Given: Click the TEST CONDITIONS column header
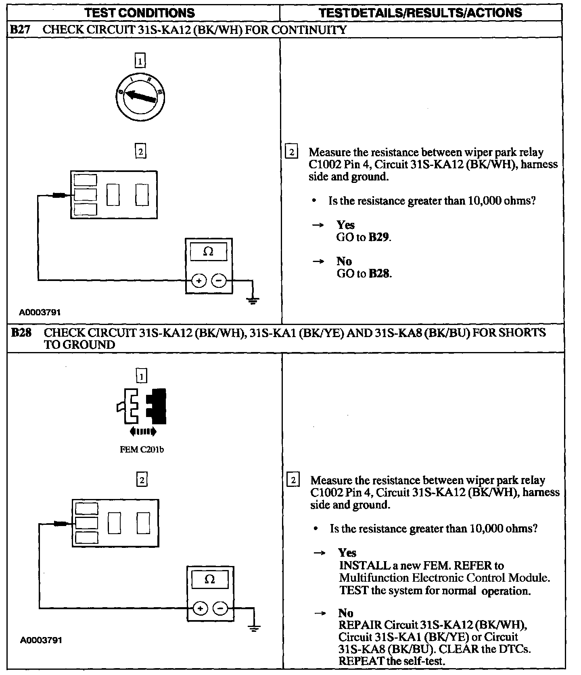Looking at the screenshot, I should click(x=140, y=13).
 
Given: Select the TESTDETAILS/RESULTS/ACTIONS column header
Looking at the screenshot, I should click(x=420, y=13).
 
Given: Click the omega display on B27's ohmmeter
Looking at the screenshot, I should click(x=208, y=252).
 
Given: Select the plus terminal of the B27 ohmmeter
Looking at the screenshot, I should click(x=198, y=280).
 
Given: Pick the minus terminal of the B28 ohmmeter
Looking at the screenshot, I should click(x=220, y=608).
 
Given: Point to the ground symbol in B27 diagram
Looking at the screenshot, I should click(x=253, y=300).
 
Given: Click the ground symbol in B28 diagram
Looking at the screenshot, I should click(x=254, y=628).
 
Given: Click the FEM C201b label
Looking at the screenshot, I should click(x=142, y=450).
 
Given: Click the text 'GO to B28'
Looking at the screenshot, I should click(x=364, y=273).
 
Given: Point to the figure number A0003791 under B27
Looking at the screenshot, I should click(x=40, y=312).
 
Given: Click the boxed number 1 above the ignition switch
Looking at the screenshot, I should click(x=140, y=61).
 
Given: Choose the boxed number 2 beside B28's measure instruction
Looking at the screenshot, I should click(x=293, y=480).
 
